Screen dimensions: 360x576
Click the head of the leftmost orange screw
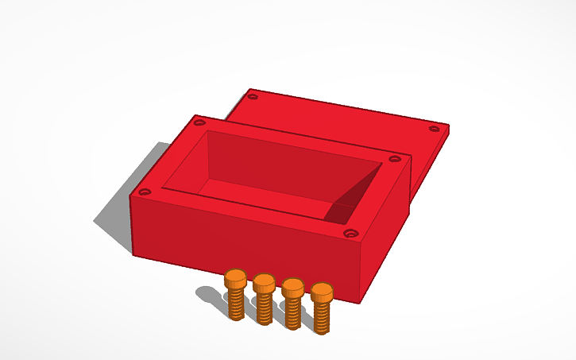click(236, 279)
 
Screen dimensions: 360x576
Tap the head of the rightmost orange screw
click(322, 292)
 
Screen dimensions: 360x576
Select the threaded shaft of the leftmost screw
click(236, 304)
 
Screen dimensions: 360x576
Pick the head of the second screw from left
click(264, 283)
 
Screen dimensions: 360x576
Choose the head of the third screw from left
click(293, 287)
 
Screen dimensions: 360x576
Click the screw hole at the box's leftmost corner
click(144, 192)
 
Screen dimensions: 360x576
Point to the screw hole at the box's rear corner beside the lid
click(199, 122)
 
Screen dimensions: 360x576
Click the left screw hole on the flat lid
click(253, 96)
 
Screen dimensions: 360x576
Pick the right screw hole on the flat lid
click(434, 128)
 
